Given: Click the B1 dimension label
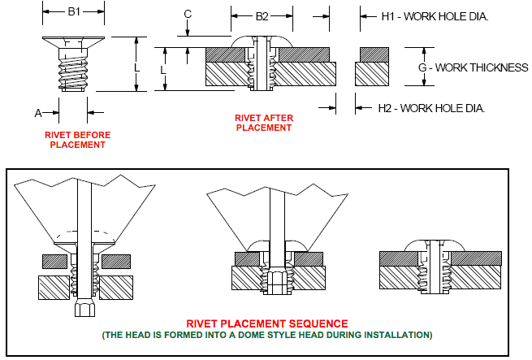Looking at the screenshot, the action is coord(74,11).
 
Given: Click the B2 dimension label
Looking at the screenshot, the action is coord(262,16).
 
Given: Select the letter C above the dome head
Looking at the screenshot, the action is coord(188,15).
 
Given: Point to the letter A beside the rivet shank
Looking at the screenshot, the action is coord(38,113).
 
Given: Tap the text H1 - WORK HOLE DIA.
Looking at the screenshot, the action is coord(435,16).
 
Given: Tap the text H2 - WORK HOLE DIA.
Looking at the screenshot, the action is coord(431,108).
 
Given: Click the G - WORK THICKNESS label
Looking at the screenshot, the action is coord(473,67).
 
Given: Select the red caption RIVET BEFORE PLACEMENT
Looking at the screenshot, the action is coord(78,140).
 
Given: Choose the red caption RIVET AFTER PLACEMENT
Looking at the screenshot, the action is coord(264,123).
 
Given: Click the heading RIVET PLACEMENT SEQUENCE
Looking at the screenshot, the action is coord(267,323).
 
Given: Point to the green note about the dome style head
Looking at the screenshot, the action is coord(267,335).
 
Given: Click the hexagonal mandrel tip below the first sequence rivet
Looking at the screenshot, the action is coord(84,308).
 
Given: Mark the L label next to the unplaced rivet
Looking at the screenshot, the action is coord(136,68).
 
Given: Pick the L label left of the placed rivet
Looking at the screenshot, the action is coord(163,71).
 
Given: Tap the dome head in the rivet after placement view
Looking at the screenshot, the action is coord(262,41).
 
